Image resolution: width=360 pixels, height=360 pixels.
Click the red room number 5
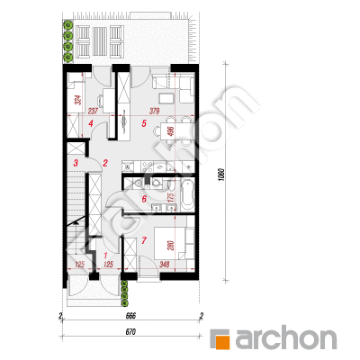pyautogui.click(x=144, y=123)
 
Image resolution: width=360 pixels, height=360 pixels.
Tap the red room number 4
pyautogui.click(x=91, y=123)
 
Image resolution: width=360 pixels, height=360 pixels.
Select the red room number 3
pyautogui.click(x=76, y=164)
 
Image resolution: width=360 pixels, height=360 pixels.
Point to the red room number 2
pyautogui.click(x=105, y=164)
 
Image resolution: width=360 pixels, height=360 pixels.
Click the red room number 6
pyautogui.click(x=144, y=199)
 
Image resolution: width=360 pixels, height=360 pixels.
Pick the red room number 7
pyautogui.click(x=144, y=240)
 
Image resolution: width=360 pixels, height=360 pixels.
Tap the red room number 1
pyautogui.click(x=105, y=256)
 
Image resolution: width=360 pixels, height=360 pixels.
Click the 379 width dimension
pyautogui.click(x=155, y=112)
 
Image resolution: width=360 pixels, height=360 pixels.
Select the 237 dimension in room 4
pyautogui.click(x=93, y=112)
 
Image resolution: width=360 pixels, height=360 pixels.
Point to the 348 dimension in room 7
pyautogui.click(x=165, y=265)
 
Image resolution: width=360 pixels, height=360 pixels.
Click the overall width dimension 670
pyautogui.click(x=130, y=332)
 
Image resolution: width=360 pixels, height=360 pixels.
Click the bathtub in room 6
pyautogui.click(x=187, y=195)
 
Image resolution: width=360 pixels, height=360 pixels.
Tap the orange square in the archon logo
pyautogui.click(x=222, y=342)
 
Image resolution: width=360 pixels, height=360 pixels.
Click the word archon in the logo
pyautogui.click(x=285, y=339)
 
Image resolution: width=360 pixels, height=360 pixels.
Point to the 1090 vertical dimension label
pyautogui.click(x=221, y=174)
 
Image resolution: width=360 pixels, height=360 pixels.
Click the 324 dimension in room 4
pyautogui.click(x=78, y=100)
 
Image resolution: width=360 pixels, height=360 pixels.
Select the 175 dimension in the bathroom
pyautogui.click(x=171, y=198)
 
